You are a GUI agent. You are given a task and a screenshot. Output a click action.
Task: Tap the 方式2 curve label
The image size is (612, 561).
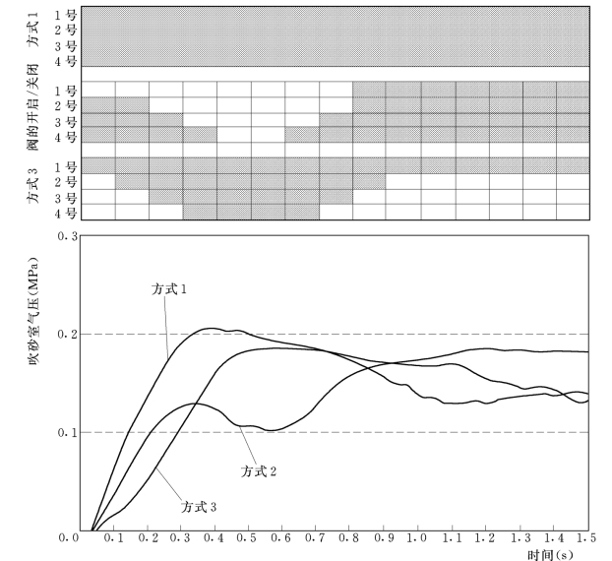click(259, 471)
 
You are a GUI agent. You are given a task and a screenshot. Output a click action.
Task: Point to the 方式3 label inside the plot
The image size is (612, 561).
click(199, 507)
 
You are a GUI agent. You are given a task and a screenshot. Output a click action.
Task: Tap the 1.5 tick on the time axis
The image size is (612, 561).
click(587, 538)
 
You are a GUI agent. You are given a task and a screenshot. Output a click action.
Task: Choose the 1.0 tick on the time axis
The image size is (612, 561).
click(419, 538)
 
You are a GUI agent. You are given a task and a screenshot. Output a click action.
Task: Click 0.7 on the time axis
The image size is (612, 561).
click(318, 538)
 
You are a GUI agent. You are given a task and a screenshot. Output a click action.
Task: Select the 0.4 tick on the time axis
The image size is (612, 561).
click(216, 538)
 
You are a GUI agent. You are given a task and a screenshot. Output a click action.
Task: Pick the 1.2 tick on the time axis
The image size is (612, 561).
click(486, 538)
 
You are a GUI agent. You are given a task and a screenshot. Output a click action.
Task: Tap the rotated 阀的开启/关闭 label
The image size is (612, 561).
click(32, 111)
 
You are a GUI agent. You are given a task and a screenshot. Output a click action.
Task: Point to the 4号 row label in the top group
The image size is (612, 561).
click(65, 60)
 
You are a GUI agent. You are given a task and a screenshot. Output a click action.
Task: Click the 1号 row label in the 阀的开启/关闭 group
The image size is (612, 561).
click(65, 90)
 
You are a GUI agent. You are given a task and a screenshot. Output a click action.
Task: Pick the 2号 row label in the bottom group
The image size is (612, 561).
click(65, 182)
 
